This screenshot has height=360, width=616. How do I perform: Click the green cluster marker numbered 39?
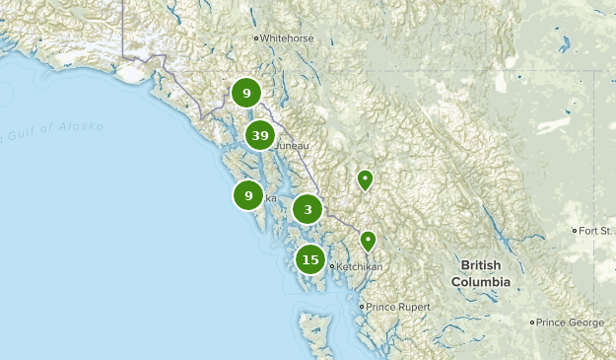click(260, 136)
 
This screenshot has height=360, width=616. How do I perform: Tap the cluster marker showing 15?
click(310, 260)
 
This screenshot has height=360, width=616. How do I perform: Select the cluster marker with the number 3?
click(308, 209)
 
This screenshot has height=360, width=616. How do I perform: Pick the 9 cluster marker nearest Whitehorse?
click(246, 94)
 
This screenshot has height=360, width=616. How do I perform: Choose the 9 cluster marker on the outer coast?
click(248, 196)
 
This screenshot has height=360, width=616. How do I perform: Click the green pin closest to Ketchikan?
click(368, 240)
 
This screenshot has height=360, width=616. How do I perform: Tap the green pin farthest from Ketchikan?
click(365, 179)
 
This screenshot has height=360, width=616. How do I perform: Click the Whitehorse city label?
click(287, 38)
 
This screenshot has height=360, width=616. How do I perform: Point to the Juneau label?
click(293, 146)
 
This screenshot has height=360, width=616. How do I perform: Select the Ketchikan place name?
click(365, 267)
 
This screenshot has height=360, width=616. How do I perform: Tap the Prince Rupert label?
click(399, 307)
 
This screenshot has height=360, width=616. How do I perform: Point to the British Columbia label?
click(481, 274)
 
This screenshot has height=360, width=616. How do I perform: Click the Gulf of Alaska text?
click(54, 129)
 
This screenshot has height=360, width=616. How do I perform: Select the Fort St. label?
click(597, 231)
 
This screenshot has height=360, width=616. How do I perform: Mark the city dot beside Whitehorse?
click(256, 38)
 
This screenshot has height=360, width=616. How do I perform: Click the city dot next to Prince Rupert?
click(362, 307)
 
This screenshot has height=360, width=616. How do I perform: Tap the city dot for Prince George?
click(532, 323)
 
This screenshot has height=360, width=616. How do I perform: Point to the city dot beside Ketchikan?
click(332, 267)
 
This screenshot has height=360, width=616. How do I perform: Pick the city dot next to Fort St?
click(576, 231)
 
